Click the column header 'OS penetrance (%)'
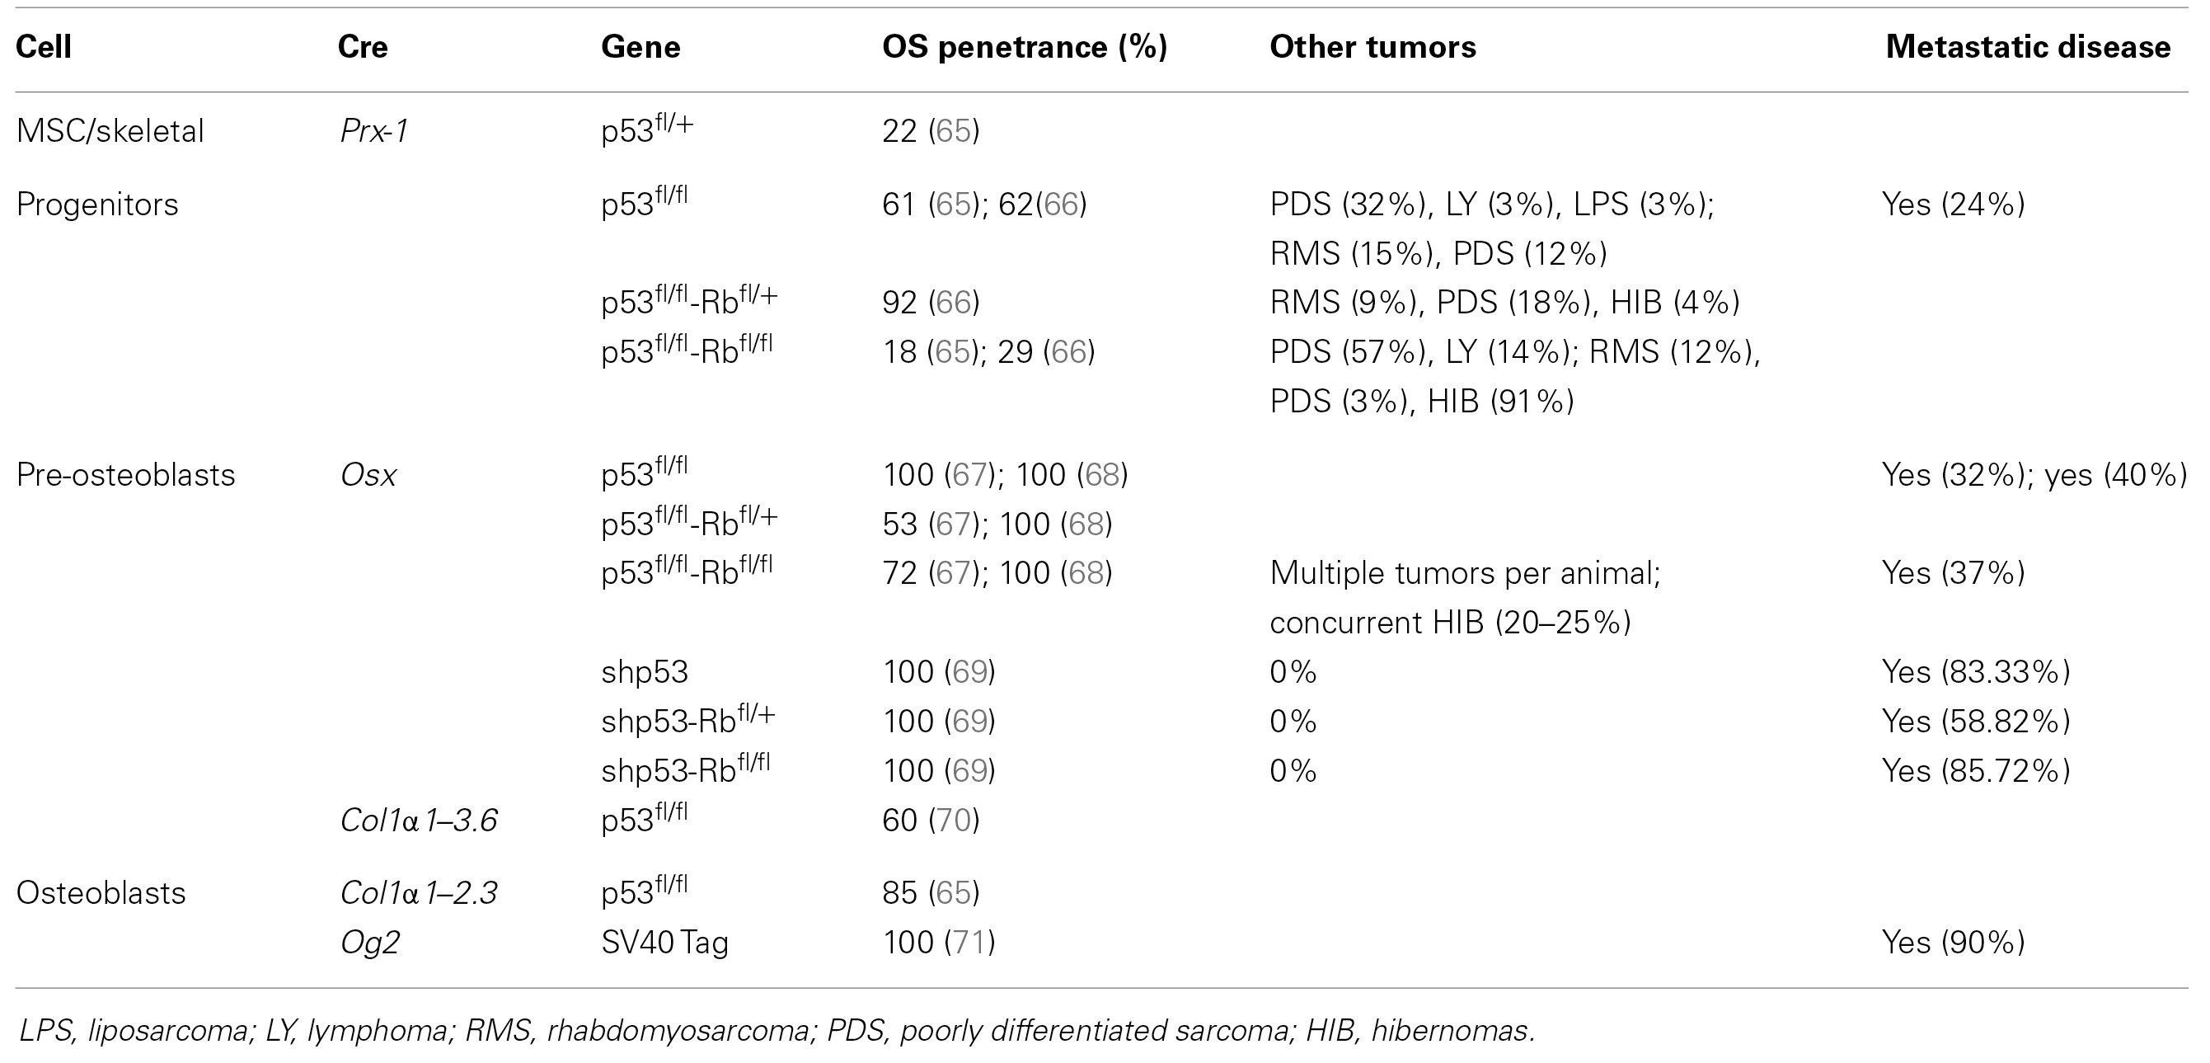click(1025, 47)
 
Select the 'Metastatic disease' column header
click(2027, 47)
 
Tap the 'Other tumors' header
click(1372, 47)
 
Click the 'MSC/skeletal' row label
click(110, 131)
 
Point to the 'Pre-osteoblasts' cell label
click(125, 474)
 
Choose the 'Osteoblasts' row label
click(101, 893)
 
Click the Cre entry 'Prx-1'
click(374, 131)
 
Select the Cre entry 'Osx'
click(368, 474)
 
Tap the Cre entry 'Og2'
click(370, 942)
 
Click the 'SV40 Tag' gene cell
click(664, 942)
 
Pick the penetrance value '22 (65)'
click(930, 131)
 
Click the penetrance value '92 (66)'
click(930, 302)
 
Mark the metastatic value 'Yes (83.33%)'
click(1975, 672)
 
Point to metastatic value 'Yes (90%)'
click(1953, 942)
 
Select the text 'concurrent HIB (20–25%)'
click(1449, 622)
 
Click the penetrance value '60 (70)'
click(930, 821)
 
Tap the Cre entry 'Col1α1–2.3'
click(419, 893)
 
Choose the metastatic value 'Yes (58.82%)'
click(1975, 721)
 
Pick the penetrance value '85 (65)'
click(930, 893)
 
